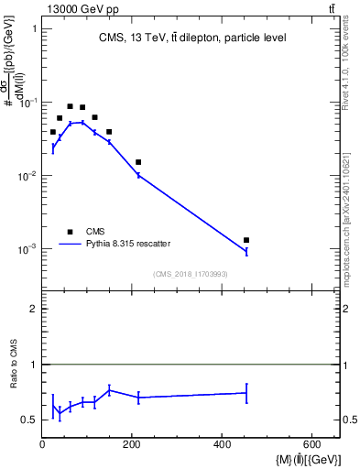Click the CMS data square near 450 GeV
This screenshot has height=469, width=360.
click(x=245, y=240)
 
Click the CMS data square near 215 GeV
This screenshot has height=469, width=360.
click(x=138, y=162)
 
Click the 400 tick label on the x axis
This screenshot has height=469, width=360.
click(x=223, y=445)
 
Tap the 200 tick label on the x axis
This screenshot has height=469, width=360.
click(x=133, y=445)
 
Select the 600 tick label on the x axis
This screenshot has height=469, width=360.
click(x=312, y=445)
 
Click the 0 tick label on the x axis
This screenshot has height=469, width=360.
click(x=43, y=445)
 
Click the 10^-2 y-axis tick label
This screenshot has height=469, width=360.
click(x=27, y=176)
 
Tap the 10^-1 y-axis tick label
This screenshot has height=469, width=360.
click(x=27, y=103)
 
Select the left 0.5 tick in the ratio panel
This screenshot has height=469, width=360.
click(x=29, y=420)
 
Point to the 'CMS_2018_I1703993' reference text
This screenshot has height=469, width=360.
click(x=191, y=274)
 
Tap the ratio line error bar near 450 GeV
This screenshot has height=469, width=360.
click(x=245, y=393)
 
